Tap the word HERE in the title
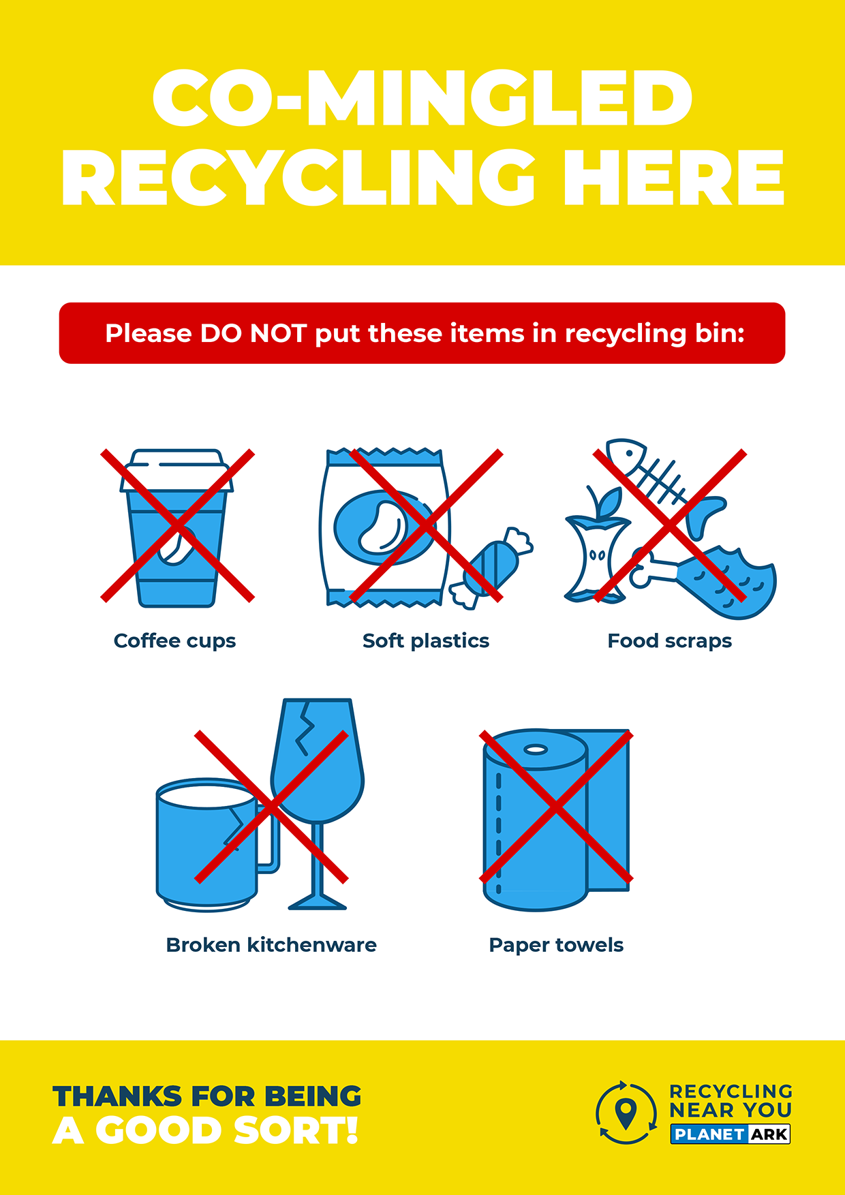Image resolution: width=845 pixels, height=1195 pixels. coord(674,178)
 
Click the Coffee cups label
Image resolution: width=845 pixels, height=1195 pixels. coord(175,641)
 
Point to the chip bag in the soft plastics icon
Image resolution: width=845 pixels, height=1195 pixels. coord(385,528)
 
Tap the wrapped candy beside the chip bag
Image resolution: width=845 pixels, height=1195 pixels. coord(491,567)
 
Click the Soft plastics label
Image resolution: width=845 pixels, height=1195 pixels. coord(426,641)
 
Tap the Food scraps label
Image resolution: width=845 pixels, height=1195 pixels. coord(670,641)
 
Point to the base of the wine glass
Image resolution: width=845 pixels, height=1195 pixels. coord(318,903)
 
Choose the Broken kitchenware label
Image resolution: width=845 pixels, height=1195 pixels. coord(271,945)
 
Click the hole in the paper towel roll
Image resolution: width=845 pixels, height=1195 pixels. coord(536,750)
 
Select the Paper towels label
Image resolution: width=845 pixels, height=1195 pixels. coord(556,946)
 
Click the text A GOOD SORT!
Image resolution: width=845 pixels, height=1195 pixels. coord(206,1131)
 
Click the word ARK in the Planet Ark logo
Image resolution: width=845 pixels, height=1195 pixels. coord(769,1134)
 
